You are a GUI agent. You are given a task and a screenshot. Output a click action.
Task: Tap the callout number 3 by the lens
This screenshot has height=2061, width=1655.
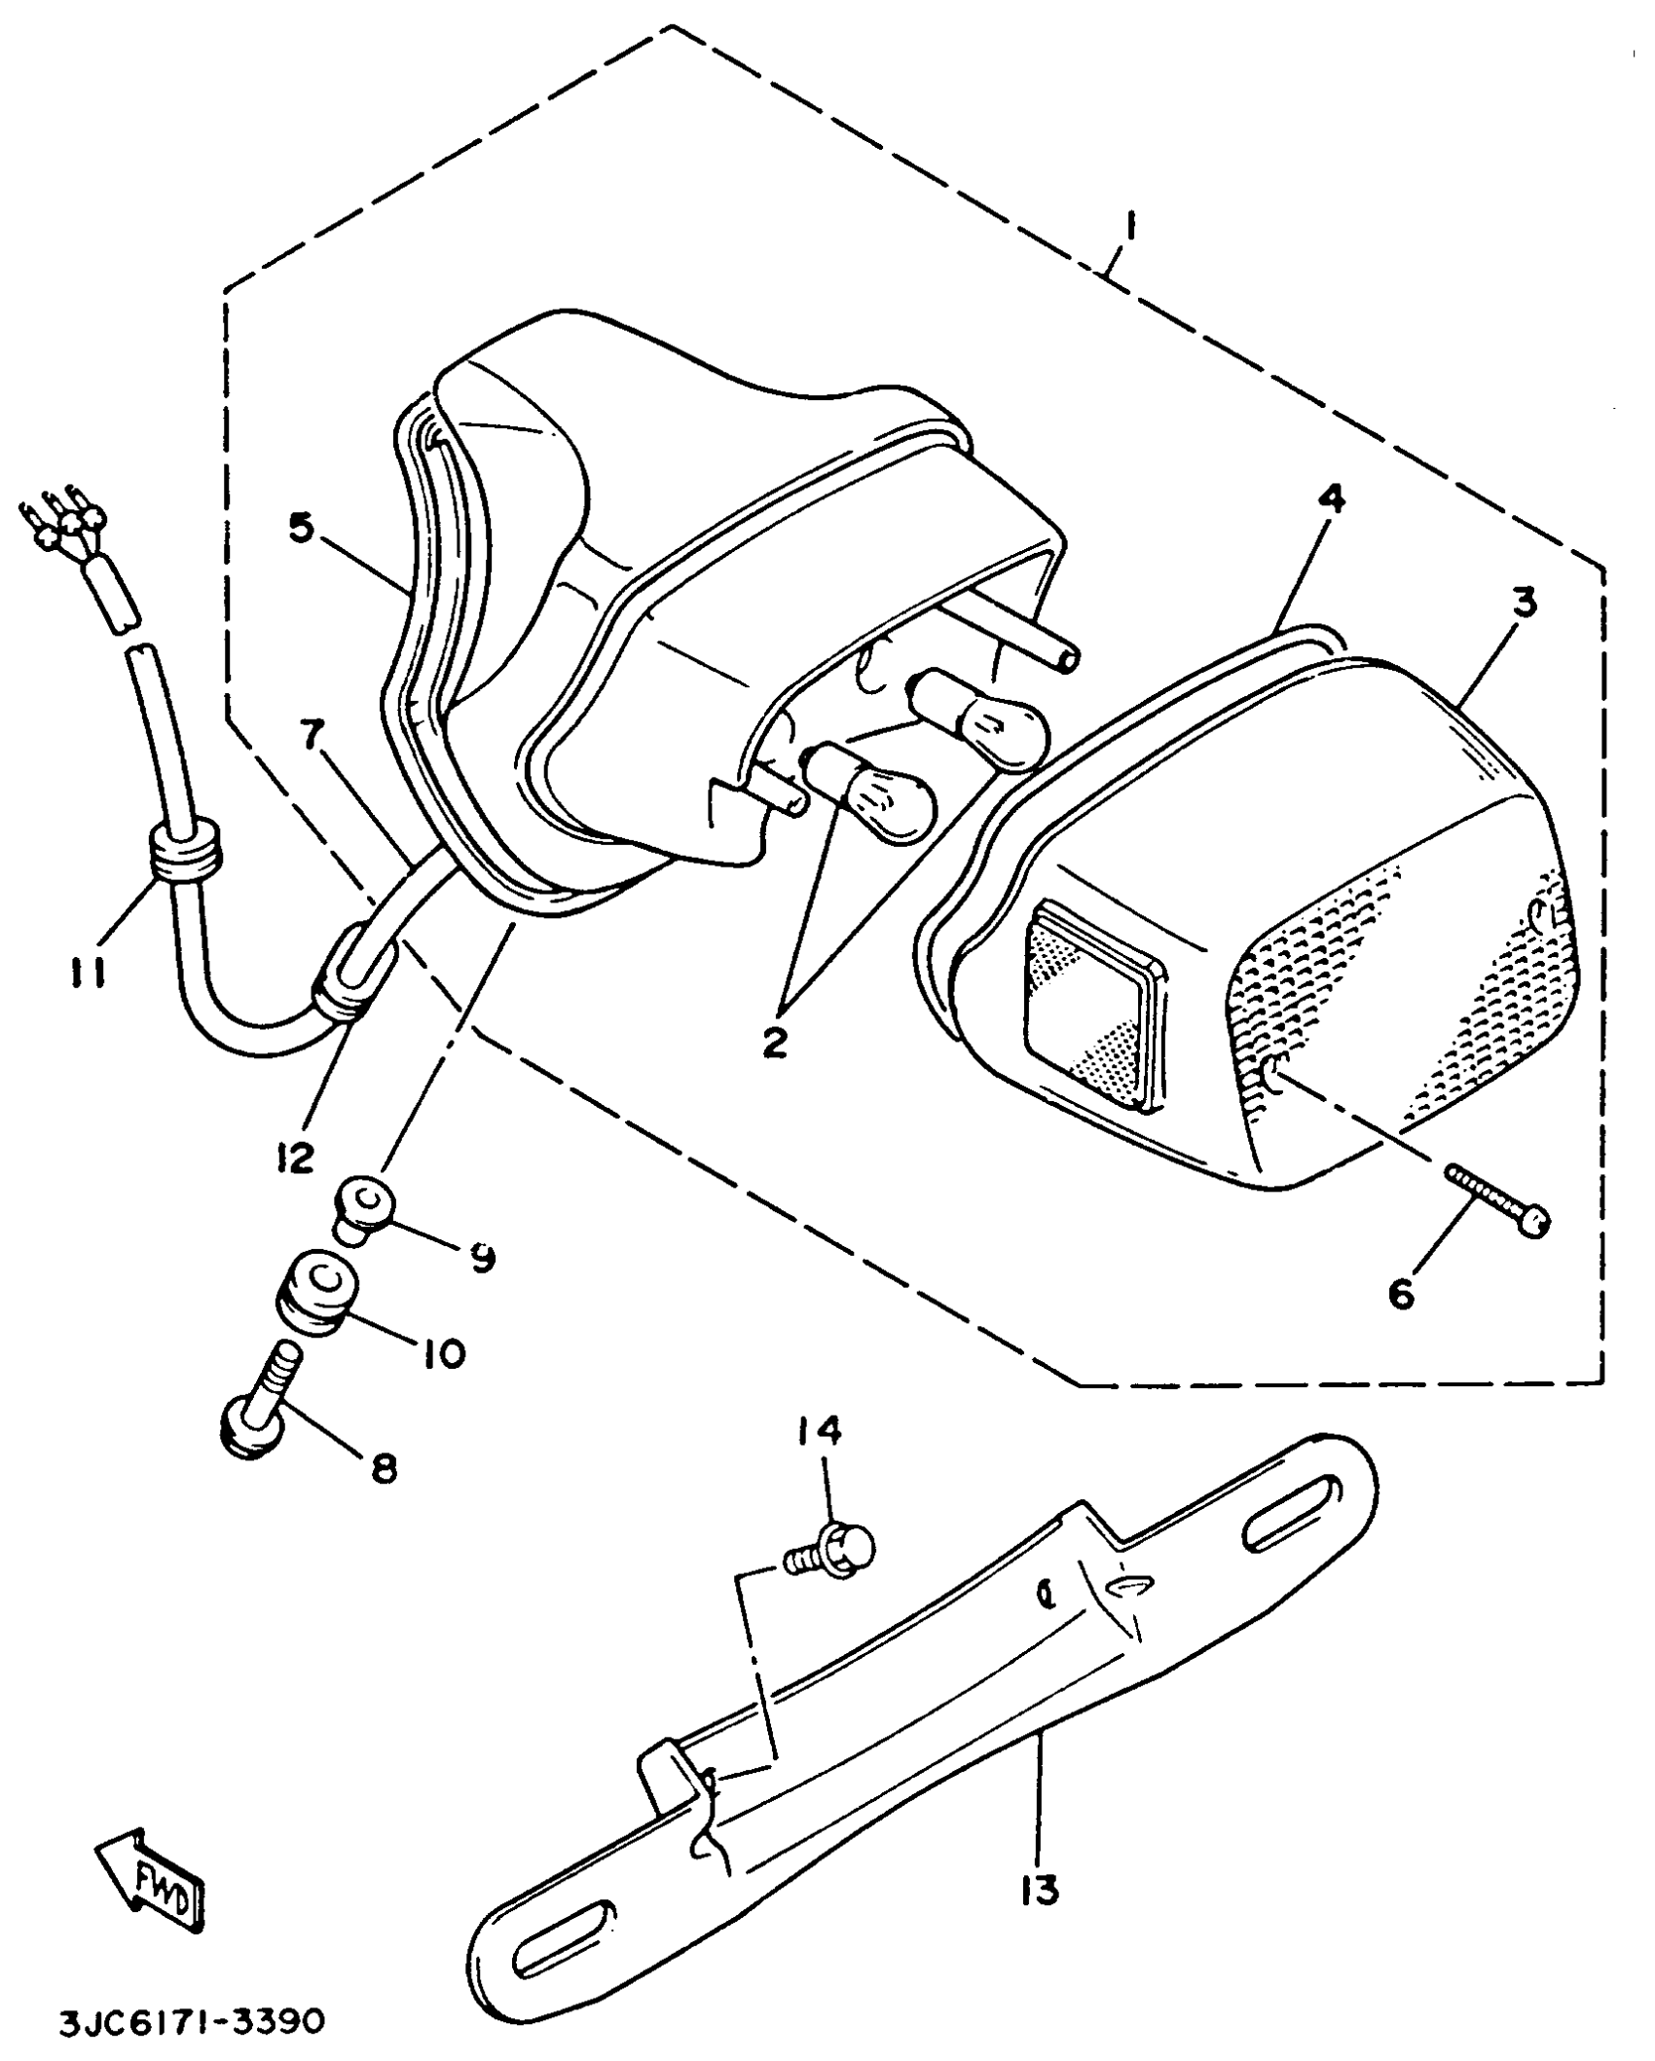tap(1525, 605)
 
